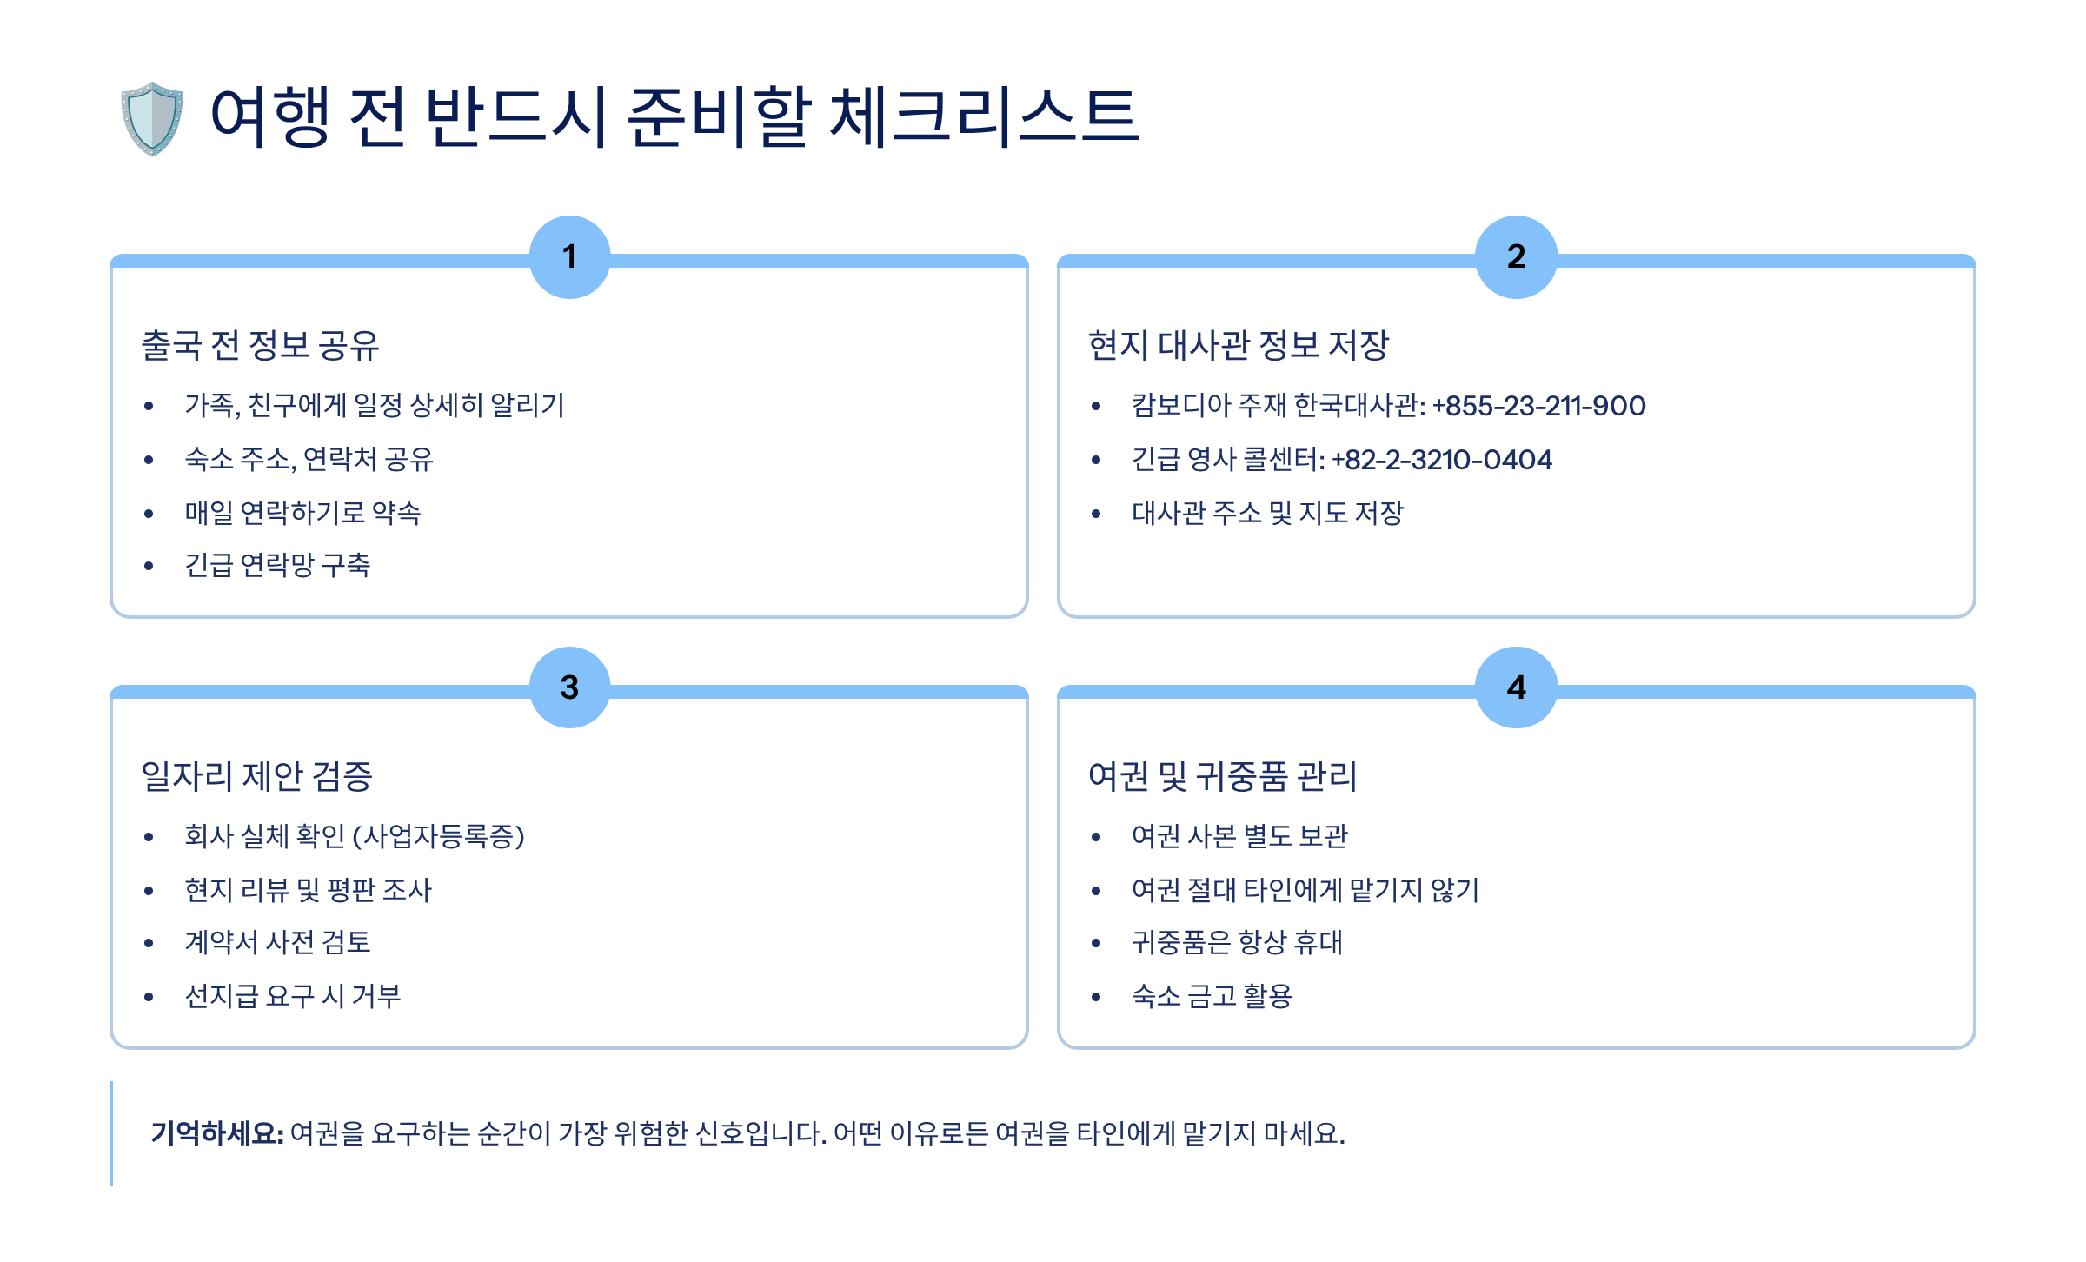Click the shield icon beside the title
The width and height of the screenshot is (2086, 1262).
point(152,118)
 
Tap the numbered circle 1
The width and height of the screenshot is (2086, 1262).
point(569,256)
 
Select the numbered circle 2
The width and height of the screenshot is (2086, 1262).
point(1516,256)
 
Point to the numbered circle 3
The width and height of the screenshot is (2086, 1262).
point(569,687)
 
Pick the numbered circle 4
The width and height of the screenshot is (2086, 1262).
point(1516,687)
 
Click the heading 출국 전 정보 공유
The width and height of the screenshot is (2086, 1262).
point(260,345)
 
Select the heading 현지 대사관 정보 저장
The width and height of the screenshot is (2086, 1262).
point(1239,345)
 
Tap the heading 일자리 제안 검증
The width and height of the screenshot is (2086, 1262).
point(256,776)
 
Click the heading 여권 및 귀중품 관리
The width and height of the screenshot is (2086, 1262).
point(1222,776)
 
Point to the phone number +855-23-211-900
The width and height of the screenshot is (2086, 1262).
point(1538,406)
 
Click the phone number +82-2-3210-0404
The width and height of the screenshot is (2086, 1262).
point(1441,460)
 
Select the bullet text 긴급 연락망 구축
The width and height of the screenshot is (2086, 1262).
point(277,566)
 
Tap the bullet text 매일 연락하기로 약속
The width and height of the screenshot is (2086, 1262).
point(302,513)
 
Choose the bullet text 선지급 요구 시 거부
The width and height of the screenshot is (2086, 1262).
point(292,996)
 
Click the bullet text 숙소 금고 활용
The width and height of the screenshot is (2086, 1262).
point(1212,996)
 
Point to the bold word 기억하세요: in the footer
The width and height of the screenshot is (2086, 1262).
point(217,1133)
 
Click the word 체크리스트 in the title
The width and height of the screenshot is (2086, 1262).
point(983,116)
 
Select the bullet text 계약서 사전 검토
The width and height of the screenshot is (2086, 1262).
point(277,943)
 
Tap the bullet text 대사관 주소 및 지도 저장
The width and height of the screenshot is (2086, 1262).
point(1267,513)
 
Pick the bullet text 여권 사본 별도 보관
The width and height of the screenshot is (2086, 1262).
point(1239,836)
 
